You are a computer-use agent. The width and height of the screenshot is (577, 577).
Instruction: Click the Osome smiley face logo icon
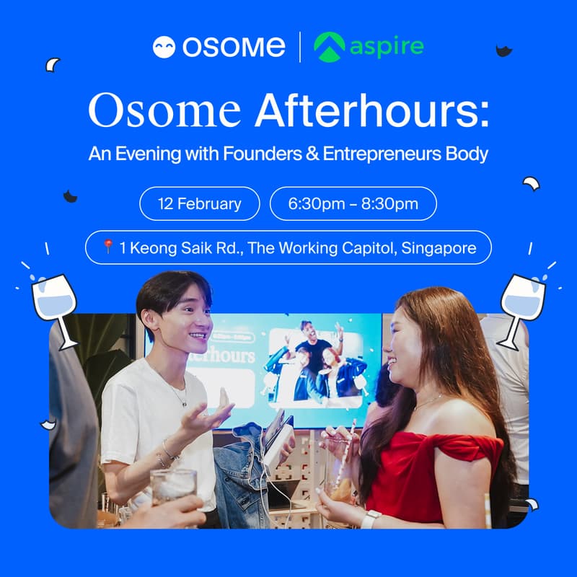click(x=164, y=47)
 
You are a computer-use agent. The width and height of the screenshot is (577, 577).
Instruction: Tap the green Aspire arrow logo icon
click(x=330, y=48)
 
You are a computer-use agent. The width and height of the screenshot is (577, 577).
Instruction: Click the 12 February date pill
click(x=200, y=203)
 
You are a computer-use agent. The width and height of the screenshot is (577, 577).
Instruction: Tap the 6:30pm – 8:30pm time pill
click(x=353, y=203)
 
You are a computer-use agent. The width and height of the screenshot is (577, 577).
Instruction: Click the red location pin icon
click(x=108, y=247)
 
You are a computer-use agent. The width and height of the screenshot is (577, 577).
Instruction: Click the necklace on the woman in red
click(x=428, y=401)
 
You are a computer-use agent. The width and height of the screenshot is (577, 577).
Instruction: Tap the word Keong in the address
click(x=151, y=248)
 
